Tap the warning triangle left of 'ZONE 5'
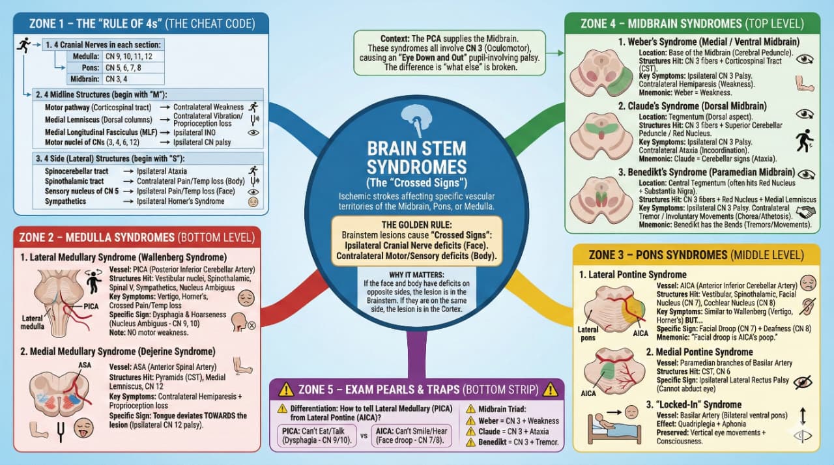click(286, 390)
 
